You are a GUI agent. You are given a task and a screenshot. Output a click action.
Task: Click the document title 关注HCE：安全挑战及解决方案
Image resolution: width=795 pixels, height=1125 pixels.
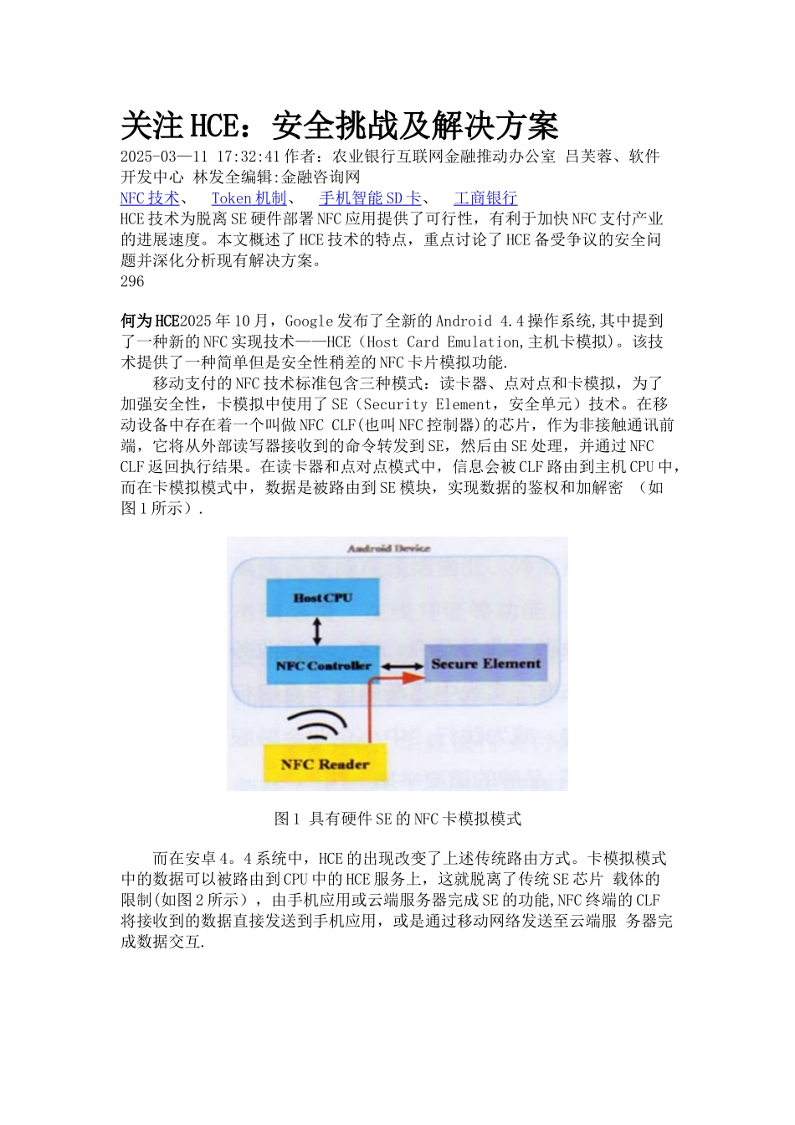tap(339, 126)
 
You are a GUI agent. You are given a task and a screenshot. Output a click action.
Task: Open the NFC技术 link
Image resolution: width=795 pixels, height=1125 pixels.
tap(150, 198)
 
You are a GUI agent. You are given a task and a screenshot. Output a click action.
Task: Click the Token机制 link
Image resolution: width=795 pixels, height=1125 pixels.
tap(249, 198)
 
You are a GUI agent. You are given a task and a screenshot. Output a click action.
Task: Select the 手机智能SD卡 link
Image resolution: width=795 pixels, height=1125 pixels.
tap(370, 198)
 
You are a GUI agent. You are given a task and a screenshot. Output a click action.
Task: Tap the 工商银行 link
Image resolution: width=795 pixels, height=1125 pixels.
tap(485, 198)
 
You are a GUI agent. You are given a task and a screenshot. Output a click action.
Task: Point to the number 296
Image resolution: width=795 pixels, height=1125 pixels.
tap(132, 281)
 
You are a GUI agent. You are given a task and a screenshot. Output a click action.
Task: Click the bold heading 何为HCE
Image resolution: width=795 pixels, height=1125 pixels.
tap(150, 321)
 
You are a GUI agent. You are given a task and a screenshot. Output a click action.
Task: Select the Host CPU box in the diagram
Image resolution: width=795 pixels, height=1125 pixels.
tap(323, 598)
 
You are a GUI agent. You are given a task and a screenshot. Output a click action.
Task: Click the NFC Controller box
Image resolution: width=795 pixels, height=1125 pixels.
tap(323, 665)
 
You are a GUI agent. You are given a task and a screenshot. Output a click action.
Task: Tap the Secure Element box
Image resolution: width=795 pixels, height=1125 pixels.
tap(485, 664)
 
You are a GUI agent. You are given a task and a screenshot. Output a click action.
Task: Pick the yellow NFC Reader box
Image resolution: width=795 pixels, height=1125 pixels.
tap(325, 763)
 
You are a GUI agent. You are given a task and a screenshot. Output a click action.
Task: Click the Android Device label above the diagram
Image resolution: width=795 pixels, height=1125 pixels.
tap(388, 549)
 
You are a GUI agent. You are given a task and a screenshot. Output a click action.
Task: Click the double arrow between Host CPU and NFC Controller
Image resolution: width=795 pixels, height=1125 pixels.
tap(316, 631)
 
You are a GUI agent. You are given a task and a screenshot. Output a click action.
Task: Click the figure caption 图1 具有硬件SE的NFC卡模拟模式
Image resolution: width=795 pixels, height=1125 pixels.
tap(397, 819)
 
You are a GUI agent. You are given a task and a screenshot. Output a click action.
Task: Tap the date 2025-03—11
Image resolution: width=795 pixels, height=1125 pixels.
tap(164, 157)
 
